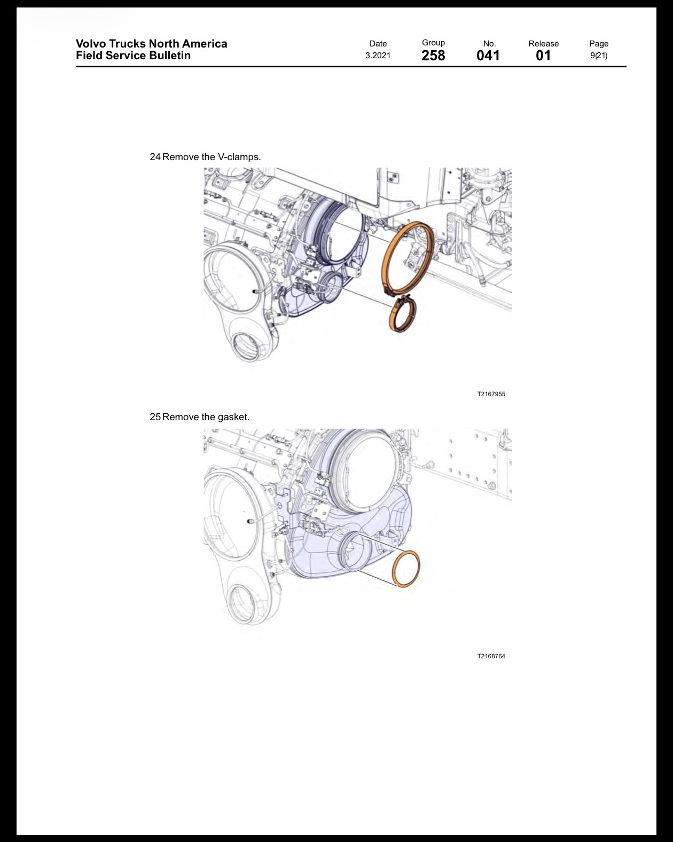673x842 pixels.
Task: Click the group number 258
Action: click(433, 56)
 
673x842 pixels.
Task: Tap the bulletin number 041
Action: click(488, 56)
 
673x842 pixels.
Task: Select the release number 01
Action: click(543, 56)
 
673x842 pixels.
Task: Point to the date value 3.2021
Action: click(378, 56)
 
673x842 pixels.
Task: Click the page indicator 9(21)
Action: click(599, 56)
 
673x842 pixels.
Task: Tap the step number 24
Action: click(155, 157)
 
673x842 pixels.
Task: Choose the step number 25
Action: click(155, 417)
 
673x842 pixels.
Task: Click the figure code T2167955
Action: click(491, 394)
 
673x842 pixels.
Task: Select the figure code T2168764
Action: click(491, 656)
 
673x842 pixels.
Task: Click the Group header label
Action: click(433, 43)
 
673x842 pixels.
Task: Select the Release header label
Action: click(543, 43)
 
